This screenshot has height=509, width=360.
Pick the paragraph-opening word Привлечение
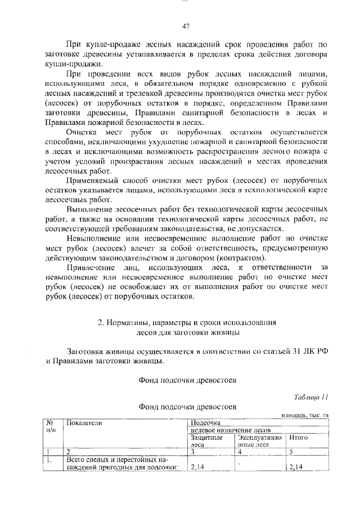tap(90, 267)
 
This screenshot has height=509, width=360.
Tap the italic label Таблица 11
tap(311, 397)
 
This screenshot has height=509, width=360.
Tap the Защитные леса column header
tap(206, 440)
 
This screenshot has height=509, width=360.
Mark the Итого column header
tap(297, 437)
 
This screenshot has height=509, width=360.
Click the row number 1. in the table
tap(49, 458)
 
